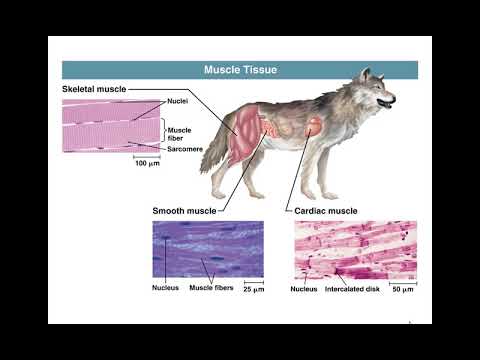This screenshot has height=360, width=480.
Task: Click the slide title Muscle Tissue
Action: click(x=239, y=70)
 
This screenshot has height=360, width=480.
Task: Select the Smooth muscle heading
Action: click(x=182, y=212)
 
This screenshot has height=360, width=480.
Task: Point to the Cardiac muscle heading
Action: click(x=328, y=212)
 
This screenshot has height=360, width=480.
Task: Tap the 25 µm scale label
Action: click(x=254, y=290)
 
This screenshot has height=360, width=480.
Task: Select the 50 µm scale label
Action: click(x=402, y=290)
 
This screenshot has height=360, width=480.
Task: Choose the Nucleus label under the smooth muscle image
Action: click(x=166, y=290)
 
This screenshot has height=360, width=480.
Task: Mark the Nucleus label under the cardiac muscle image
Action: click(x=304, y=290)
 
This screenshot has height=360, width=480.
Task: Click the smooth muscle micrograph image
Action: click(x=207, y=250)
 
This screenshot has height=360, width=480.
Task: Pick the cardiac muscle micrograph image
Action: click(x=355, y=250)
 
